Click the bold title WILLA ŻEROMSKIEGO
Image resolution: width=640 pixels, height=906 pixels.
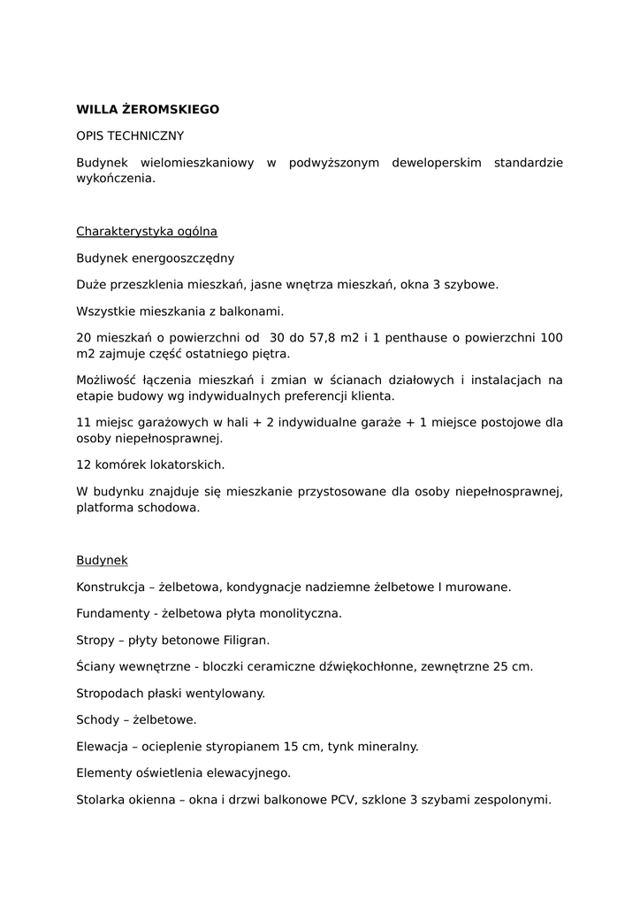[x=148, y=110]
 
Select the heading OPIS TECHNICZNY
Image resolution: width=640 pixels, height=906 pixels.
[x=130, y=136]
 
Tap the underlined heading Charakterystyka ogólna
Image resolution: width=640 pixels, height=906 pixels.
[x=147, y=232]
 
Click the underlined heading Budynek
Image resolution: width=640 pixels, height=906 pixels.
[x=102, y=561]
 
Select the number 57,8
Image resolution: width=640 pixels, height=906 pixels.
[x=309, y=338]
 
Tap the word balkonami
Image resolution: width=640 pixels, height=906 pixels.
[x=255, y=311]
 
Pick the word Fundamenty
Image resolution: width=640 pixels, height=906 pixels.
[x=110, y=613]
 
